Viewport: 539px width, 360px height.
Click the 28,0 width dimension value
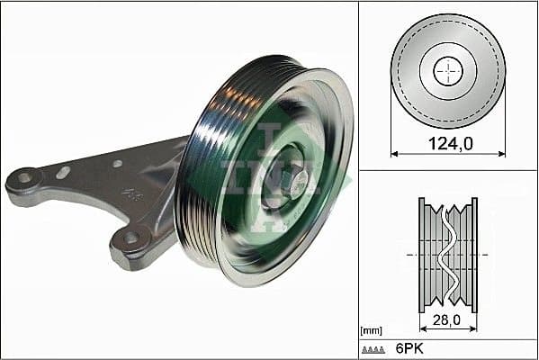click(447, 318)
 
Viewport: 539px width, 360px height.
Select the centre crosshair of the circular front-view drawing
click(447, 71)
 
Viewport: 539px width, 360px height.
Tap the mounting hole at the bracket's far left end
click(23, 177)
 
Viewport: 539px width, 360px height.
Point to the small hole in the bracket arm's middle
click(117, 164)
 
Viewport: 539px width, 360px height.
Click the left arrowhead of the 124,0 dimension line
click(394, 153)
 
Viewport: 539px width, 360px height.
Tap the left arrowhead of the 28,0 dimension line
click(422, 328)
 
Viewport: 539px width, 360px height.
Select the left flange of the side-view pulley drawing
click(422, 254)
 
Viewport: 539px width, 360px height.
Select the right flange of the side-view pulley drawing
click(474, 254)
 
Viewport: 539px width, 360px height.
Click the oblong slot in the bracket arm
click(63, 172)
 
